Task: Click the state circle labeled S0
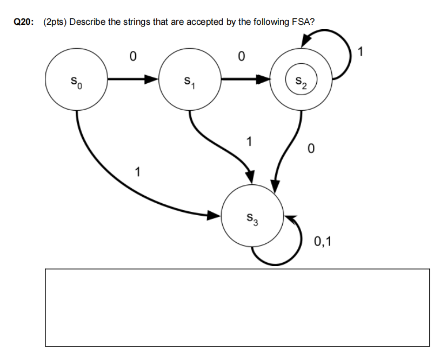(x=76, y=81)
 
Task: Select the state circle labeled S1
(x=189, y=81)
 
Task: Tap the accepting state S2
(x=301, y=81)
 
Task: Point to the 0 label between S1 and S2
(x=242, y=56)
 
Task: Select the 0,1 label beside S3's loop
(x=323, y=242)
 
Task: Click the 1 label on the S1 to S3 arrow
(x=248, y=143)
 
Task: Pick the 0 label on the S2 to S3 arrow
(x=310, y=149)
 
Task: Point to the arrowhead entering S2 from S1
(x=264, y=81)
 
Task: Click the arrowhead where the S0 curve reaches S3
(x=215, y=216)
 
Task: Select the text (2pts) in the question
(x=56, y=22)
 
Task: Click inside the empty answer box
(x=237, y=307)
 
